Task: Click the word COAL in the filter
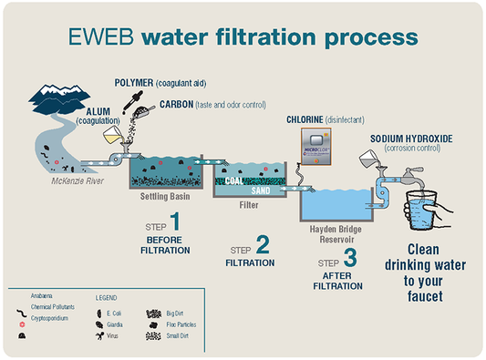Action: tap(238, 180)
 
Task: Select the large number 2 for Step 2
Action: tap(262, 244)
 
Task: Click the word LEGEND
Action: tap(107, 297)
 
